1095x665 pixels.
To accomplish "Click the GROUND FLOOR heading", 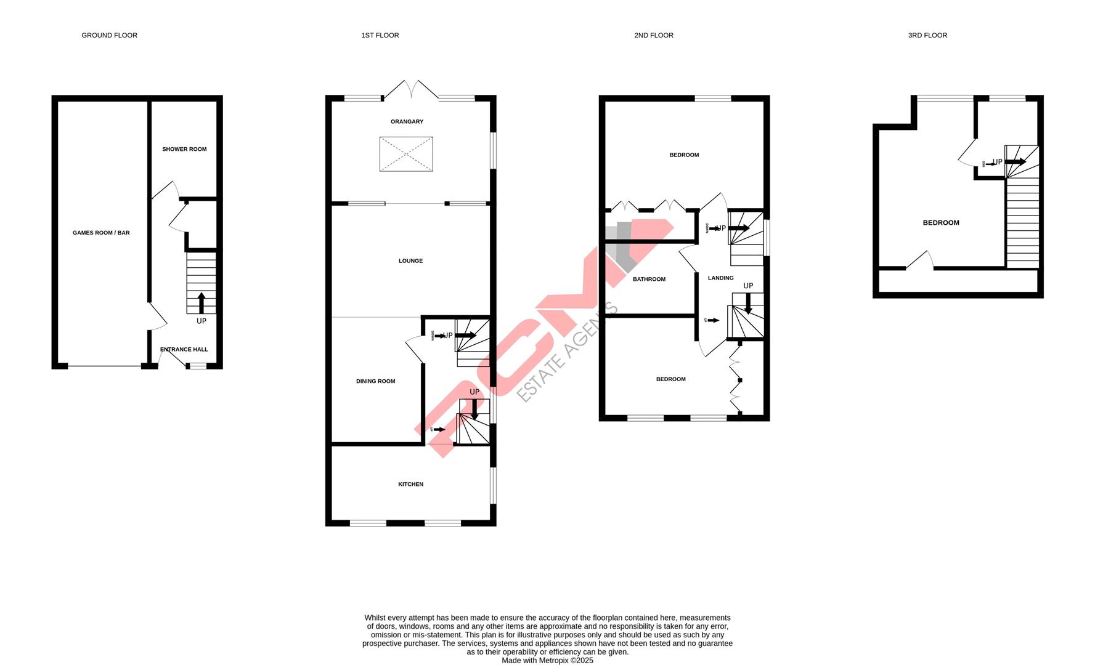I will click(x=109, y=36).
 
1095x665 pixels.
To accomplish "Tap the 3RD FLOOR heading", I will click(x=927, y=36).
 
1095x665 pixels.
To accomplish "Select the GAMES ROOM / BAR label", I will click(x=101, y=233).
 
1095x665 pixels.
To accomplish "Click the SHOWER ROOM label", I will click(x=184, y=149).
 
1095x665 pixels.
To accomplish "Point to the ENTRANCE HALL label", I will click(x=184, y=350).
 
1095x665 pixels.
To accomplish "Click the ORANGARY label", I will click(x=407, y=122).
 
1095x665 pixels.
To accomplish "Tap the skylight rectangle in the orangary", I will click(x=406, y=154).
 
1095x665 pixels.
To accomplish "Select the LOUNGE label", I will click(x=410, y=261).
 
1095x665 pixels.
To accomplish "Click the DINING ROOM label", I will click(x=375, y=381).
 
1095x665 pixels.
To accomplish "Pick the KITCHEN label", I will click(x=410, y=485).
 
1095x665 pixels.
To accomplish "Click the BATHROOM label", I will click(x=649, y=280).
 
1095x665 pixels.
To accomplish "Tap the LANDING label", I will click(x=720, y=278).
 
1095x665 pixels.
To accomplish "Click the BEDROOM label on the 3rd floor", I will click(x=940, y=223).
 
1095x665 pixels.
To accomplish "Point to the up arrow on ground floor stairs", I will click(x=201, y=303).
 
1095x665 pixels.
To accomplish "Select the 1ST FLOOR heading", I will click(x=380, y=36).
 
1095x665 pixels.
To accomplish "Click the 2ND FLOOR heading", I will click(x=653, y=36).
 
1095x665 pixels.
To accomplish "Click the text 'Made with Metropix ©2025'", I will click(x=547, y=660).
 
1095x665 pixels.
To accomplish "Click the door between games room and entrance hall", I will click(x=158, y=315).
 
